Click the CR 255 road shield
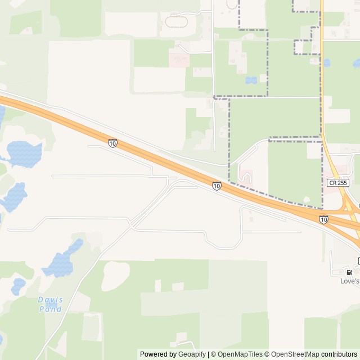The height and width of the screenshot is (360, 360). point(337,183)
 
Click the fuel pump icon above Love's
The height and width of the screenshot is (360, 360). point(349,272)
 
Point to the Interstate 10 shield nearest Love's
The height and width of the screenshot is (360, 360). point(323,219)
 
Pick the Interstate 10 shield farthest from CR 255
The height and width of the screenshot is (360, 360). point(113,143)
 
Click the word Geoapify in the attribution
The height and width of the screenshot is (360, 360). point(192,354)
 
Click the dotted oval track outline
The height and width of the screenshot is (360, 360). point(175,22)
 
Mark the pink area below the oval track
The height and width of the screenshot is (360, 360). point(179,59)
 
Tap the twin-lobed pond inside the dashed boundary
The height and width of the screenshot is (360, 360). point(251,80)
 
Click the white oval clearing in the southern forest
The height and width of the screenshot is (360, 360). point(115,275)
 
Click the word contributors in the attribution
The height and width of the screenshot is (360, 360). point(339,354)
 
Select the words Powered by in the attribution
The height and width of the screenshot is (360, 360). point(158,354)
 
